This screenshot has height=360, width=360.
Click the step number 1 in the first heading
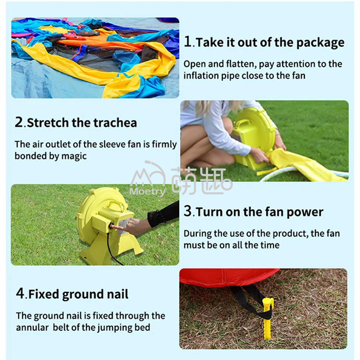click(188, 42)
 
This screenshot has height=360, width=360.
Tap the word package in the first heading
click(320, 42)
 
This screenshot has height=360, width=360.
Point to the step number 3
click(188, 212)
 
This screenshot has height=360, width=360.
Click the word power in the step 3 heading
click(306, 212)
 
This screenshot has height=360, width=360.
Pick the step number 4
click(20, 294)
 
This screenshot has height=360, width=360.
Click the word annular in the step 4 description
click(34, 327)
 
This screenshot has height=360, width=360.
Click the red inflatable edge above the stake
click(226, 277)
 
